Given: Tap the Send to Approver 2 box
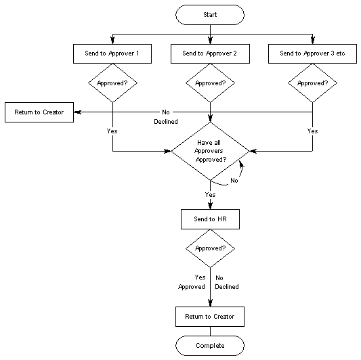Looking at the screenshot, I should (x=210, y=53).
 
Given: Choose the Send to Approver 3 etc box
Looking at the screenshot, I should (x=312, y=53).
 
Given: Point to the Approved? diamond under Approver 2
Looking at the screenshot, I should (x=210, y=83).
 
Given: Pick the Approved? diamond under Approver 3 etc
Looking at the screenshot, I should (x=312, y=83).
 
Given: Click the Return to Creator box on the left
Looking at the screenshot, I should (x=38, y=112).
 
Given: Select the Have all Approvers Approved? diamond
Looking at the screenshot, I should (x=210, y=150).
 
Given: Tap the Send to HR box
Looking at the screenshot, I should (x=210, y=219).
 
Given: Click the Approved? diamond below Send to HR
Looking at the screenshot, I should (x=210, y=248).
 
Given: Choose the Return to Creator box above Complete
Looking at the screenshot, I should (x=210, y=316).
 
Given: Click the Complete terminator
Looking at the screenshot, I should (x=210, y=345).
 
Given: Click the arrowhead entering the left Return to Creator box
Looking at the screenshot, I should (x=76, y=112).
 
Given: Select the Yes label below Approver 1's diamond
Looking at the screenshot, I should (x=112, y=131).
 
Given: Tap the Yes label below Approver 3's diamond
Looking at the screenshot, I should (x=312, y=131).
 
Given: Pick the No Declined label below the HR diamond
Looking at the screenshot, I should (x=227, y=282).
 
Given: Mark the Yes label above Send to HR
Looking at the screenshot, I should (x=210, y=194).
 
